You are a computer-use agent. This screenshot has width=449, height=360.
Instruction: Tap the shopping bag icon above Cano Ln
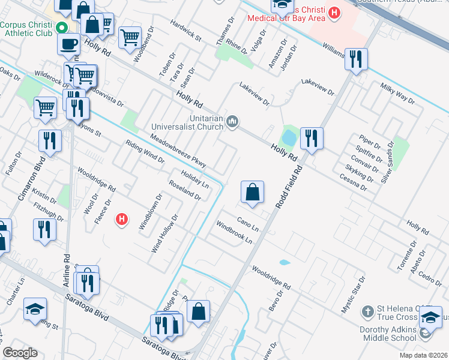253,193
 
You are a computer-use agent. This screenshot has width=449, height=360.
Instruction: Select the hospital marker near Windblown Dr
122,220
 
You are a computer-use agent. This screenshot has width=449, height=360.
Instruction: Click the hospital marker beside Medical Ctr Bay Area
335,12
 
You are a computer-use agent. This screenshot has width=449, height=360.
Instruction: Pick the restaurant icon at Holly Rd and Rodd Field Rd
312,139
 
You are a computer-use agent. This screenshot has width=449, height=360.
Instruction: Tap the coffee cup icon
69,43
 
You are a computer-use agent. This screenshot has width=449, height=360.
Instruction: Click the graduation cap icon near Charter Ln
35,309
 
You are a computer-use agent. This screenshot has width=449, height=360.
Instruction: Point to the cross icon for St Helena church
367,312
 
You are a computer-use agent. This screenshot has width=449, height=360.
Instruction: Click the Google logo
20,353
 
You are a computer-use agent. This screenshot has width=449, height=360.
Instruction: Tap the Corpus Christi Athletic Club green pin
61,28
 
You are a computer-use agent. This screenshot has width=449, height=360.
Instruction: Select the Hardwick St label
185,30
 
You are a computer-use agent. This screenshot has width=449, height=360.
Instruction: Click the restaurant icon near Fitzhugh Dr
45,229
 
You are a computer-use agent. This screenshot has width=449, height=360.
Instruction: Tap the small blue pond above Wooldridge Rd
284,262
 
